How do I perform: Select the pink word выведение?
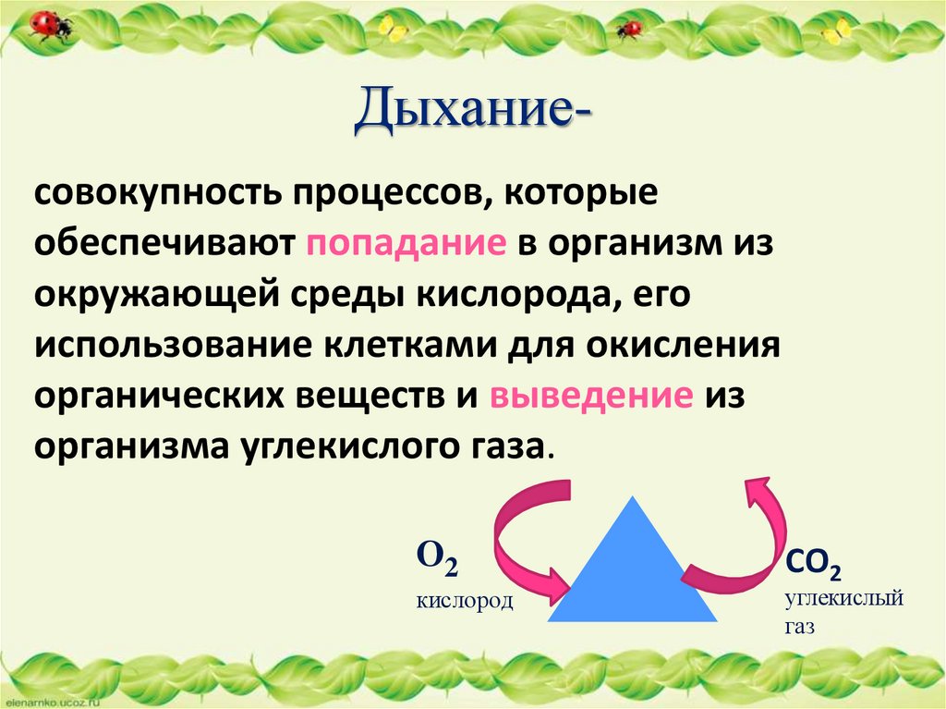coord(591,397)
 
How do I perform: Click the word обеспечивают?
coord(164,247)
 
